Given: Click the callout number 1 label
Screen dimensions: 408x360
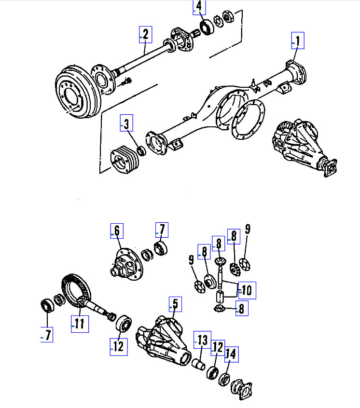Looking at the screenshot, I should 298,41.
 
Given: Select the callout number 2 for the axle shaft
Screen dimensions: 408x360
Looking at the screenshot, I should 145,34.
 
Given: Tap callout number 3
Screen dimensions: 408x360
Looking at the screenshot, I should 126,124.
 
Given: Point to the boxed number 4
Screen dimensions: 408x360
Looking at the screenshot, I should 199,7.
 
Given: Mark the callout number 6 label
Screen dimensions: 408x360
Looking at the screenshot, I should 116,231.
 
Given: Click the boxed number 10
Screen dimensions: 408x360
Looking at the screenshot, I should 247,290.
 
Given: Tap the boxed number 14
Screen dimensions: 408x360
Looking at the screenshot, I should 231,354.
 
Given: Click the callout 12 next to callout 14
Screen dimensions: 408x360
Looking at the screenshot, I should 218,347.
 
